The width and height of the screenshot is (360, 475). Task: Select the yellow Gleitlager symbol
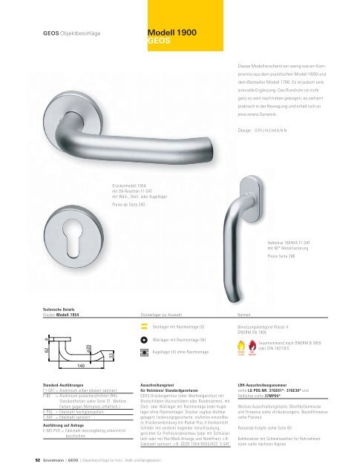point(143,326)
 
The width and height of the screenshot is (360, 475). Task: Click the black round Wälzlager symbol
point(143,338)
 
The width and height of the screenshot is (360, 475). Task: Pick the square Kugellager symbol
point(143,351)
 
